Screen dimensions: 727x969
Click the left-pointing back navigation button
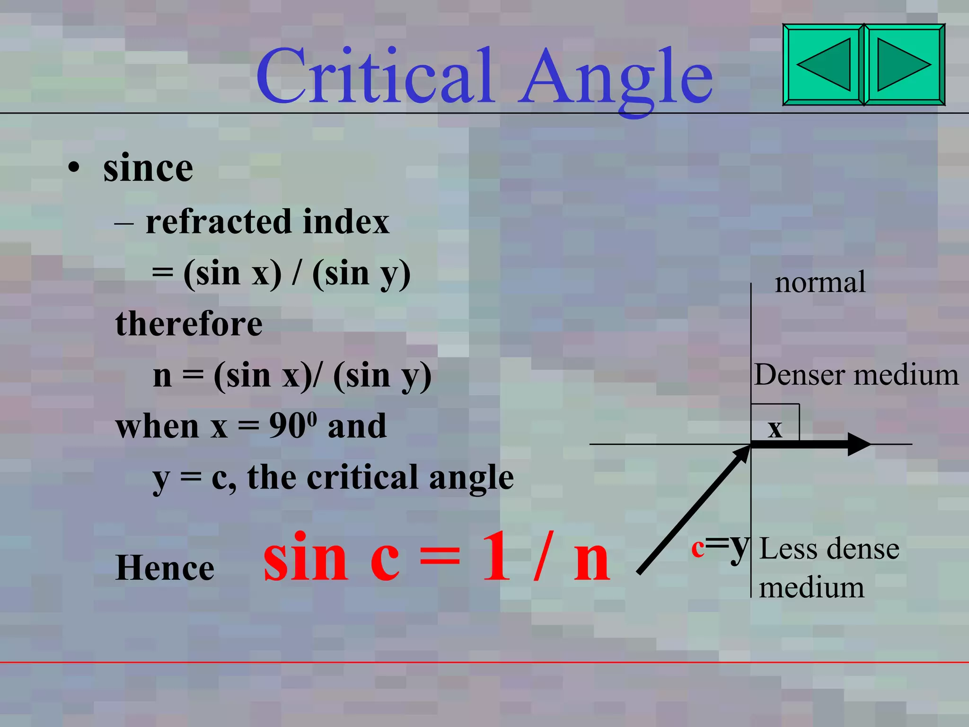(823, 64)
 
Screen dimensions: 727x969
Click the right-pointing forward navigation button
(904, 64)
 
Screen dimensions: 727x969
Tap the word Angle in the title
(615, 78)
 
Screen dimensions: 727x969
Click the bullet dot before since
(73, 168)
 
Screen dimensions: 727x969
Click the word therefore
(189, 324)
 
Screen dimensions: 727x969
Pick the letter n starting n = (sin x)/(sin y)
(162, 377)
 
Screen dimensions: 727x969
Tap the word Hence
(165, 567)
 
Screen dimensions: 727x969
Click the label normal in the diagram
(820, 283)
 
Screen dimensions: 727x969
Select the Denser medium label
(856, 375)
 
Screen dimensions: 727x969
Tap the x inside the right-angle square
(775, 429)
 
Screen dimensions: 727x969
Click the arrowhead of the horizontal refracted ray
(858, 444)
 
